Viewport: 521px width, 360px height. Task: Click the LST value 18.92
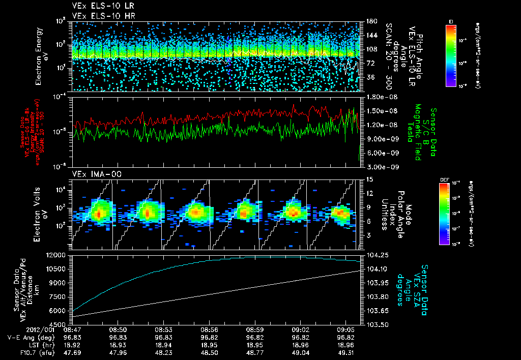coord(82,344)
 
